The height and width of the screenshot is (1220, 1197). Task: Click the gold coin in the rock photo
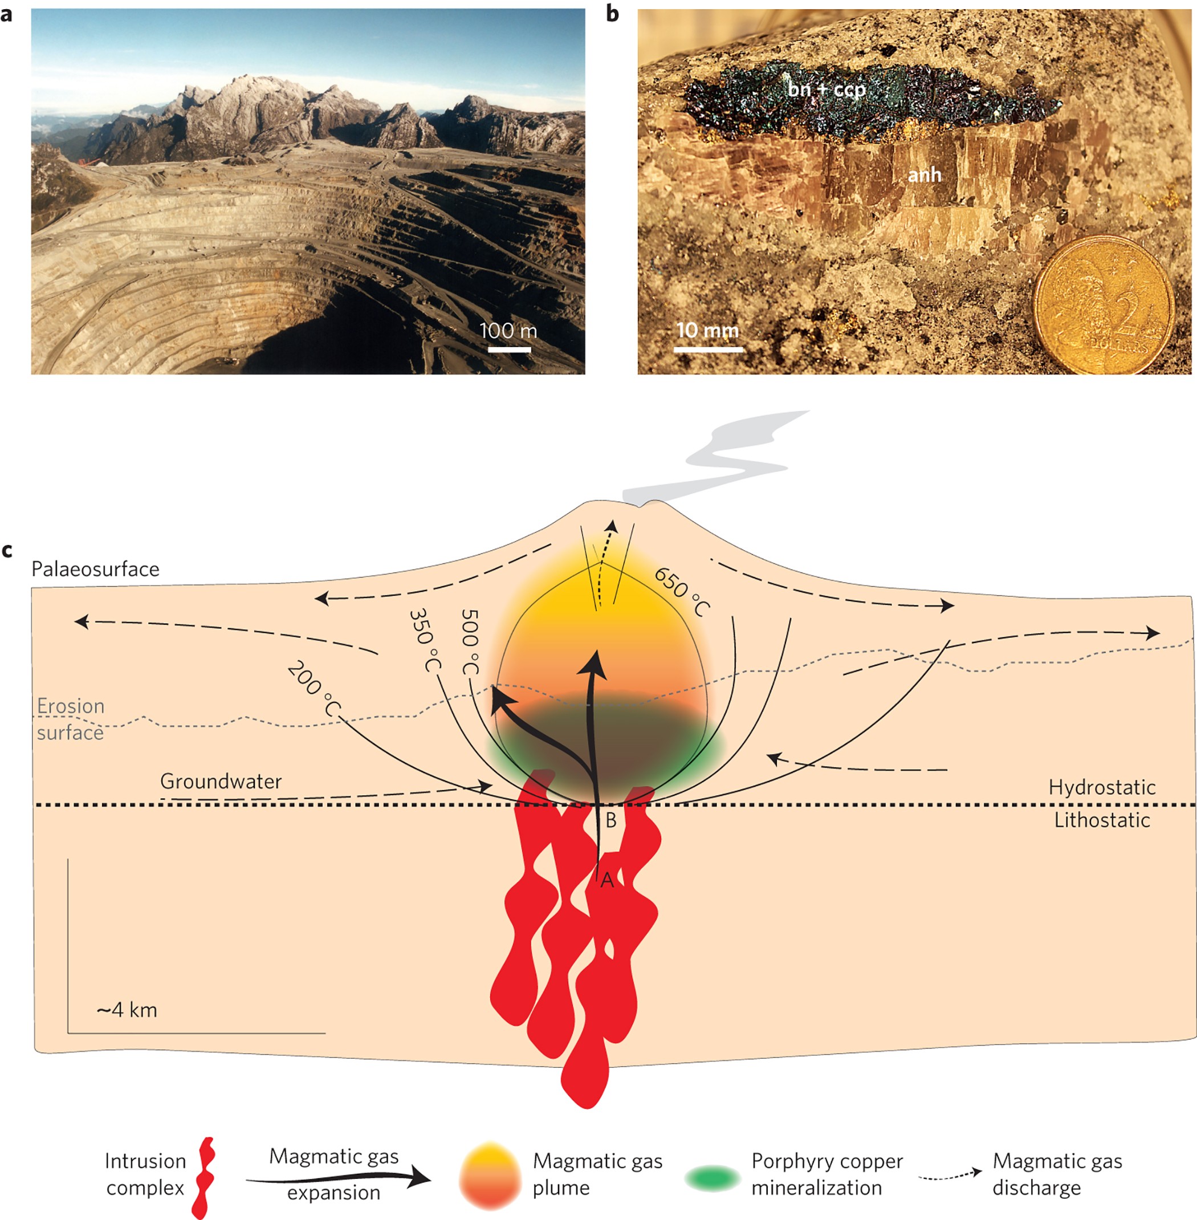1105,306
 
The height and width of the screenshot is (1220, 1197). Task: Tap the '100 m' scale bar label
508,330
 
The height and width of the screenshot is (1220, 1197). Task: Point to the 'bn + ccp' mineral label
826,90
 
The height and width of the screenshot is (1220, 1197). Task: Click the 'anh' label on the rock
924,174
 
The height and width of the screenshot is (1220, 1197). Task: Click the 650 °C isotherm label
682,592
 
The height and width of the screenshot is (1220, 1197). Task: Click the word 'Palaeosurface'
96,569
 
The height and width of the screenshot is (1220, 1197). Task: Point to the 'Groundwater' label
221,781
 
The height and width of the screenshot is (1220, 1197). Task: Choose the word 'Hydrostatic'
1101,787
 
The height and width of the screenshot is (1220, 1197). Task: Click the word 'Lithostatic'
1102,820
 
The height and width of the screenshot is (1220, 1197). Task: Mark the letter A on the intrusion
606,880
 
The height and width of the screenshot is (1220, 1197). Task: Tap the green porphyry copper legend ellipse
712,1178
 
